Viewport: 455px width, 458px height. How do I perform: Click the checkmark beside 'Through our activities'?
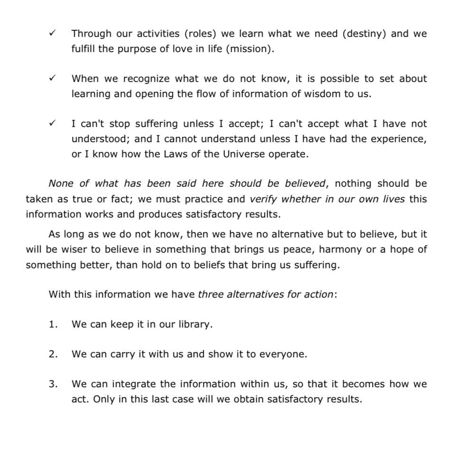(x=52, y=33)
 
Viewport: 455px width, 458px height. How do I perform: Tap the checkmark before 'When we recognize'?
(x=52, y=78)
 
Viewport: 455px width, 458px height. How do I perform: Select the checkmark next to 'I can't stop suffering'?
(x=52, y=123)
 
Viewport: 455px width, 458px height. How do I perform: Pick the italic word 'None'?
(x=61, y=183)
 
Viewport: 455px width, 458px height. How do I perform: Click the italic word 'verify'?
(x=263, y=199)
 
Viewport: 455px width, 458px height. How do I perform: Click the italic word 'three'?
(x=210, y=294)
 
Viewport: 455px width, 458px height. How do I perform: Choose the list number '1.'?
(x=53, y=324)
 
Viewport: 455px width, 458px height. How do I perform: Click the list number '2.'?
(x=53, y=354)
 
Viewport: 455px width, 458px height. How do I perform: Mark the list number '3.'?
(x=53, y=384)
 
